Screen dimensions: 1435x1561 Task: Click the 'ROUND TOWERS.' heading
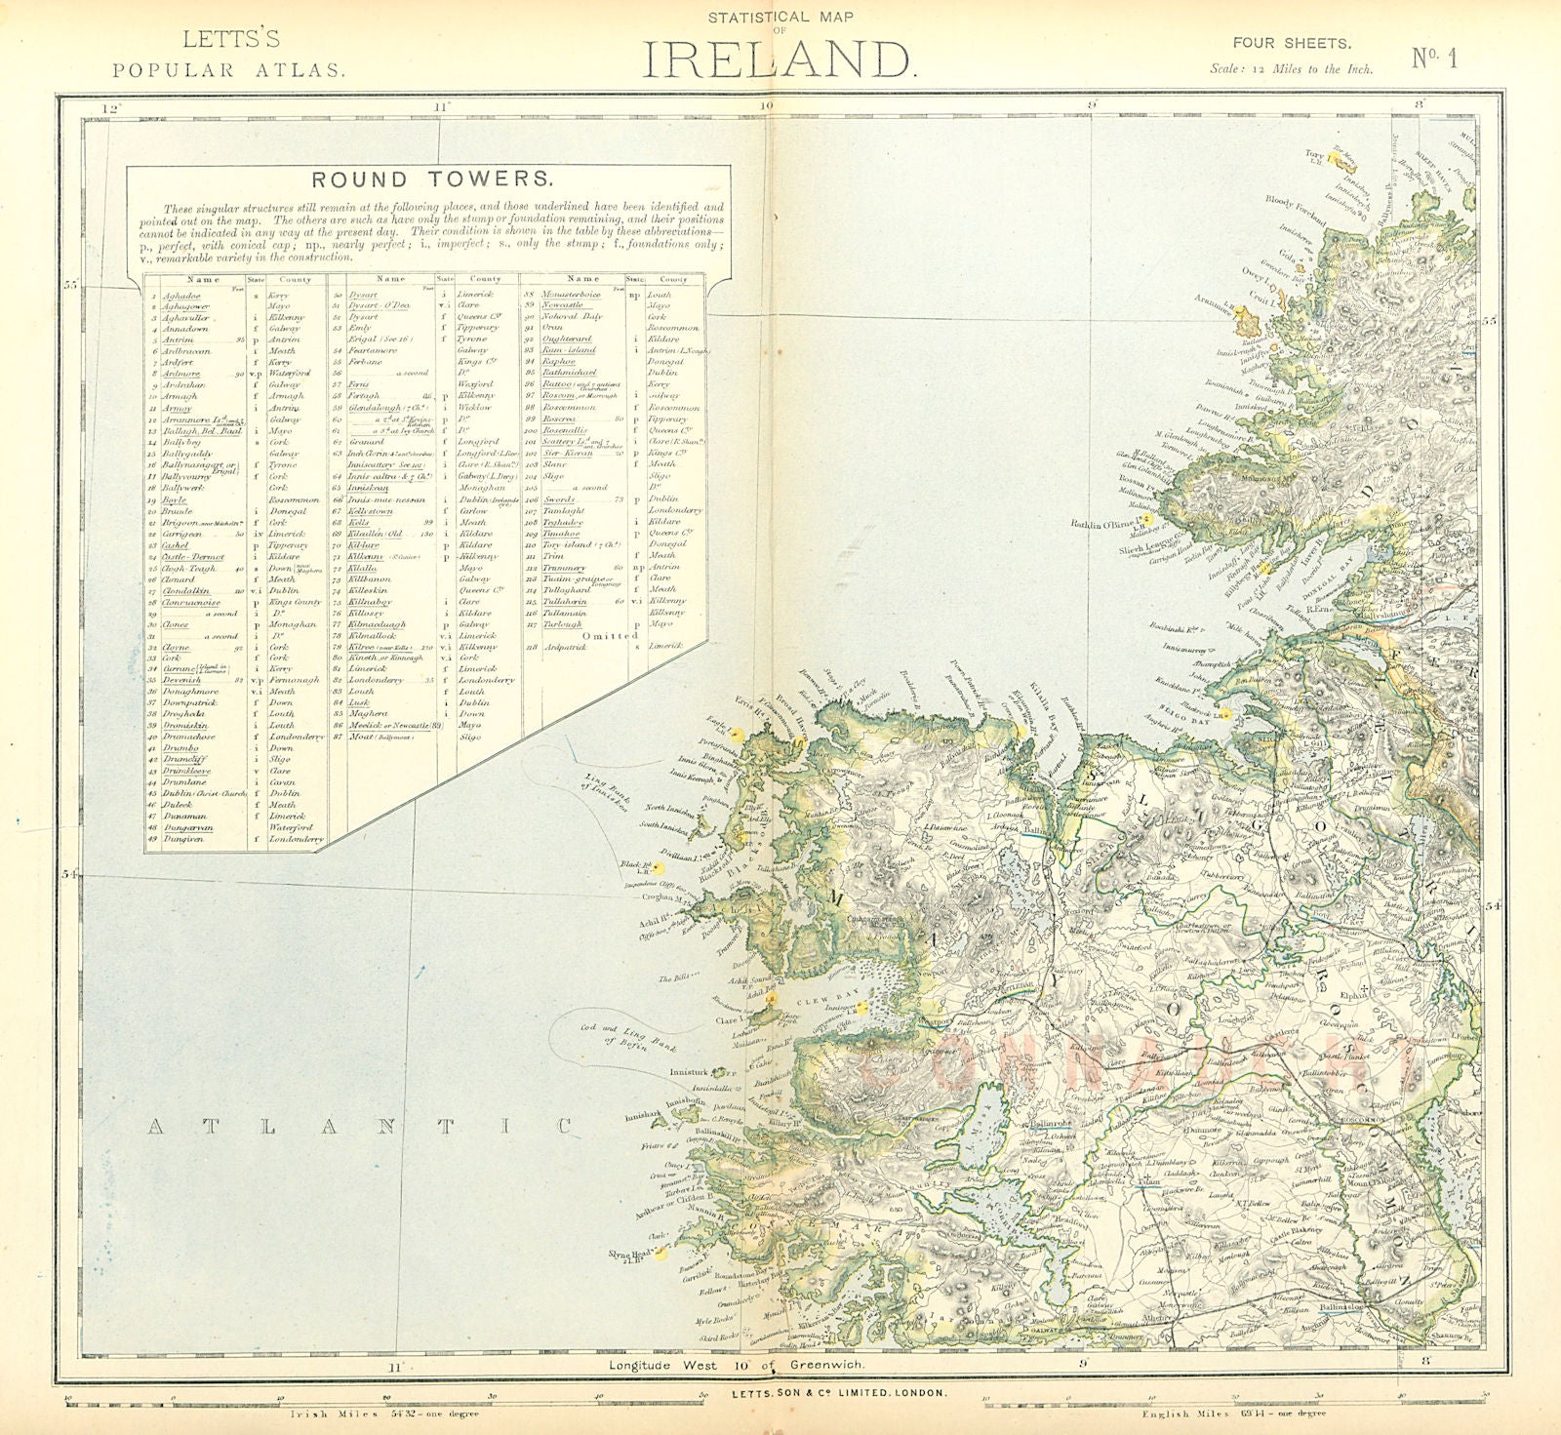click(x=431, y=179)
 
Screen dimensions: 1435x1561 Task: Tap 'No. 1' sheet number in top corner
click(x=1434, y=58)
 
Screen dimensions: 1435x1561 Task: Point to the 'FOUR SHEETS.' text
click(x=1291, y=43)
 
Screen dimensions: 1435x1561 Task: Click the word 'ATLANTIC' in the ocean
click(x=360, y=1127)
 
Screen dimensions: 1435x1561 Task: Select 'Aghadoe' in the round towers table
click(x=182, y=294)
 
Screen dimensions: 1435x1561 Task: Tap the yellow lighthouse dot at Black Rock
click(x=659, y=867)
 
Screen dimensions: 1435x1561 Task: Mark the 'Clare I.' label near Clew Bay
click(x=728, y=1020)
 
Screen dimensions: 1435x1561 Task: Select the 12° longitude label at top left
click(x=115, y=107)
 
